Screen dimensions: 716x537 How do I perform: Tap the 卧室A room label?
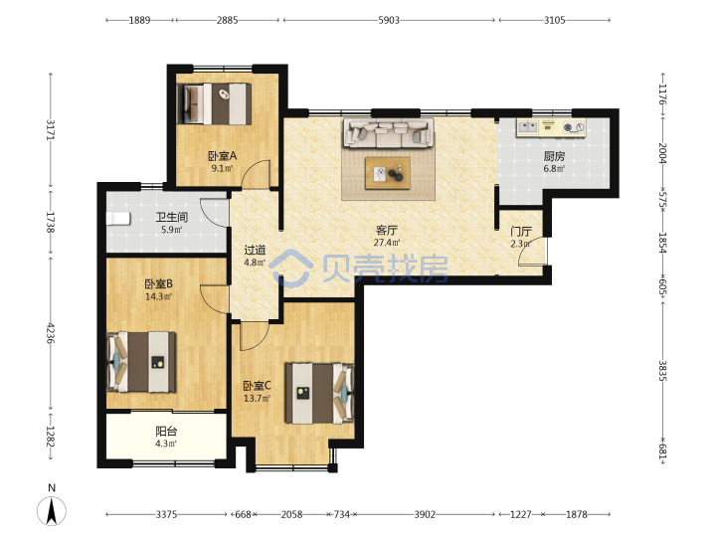[223, 156]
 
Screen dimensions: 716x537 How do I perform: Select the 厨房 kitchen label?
[554, 157]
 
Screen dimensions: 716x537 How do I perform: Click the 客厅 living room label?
[386, 230]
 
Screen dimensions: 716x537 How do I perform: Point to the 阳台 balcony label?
[166, 431]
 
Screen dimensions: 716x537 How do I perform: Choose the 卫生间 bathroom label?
[172, 218]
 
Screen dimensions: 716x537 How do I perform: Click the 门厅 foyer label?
[520, 232]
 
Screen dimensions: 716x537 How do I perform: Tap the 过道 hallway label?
[255, 251]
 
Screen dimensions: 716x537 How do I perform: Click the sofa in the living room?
[388, 133]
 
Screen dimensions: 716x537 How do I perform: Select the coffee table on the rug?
[388, 173]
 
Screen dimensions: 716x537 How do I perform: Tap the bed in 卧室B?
[140, 362]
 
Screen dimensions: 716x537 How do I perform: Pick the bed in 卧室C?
[319, 393]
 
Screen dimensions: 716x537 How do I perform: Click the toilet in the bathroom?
[118, 219]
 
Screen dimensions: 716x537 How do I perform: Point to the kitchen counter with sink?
[551, 127]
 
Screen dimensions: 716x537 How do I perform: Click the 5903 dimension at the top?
[389, 20]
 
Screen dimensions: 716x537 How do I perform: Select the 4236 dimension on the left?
[51, 334]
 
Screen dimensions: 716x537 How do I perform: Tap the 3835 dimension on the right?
[662, 371]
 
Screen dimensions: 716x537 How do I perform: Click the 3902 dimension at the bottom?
[425, 515]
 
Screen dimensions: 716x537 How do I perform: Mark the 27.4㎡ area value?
[387, 243]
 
